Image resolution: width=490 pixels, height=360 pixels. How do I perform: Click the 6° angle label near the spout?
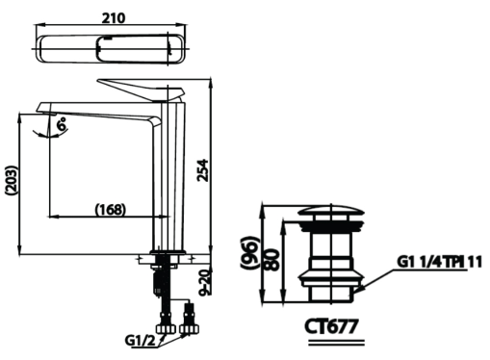63,123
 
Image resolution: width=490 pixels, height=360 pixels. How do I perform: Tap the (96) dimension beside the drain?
252,256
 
